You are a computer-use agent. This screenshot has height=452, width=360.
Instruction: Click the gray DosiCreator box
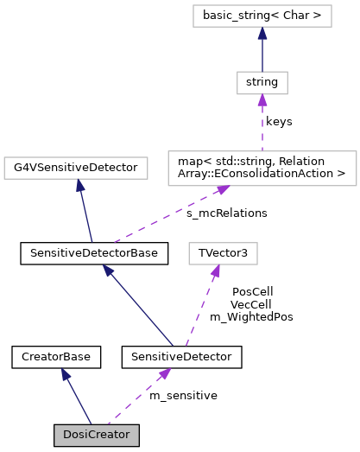coord(96,435)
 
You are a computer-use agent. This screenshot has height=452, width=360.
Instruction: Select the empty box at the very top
coord(262,16)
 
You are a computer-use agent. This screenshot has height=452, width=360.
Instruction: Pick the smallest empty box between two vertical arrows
coord(262,83)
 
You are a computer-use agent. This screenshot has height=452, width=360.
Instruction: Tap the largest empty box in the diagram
coord(262,168)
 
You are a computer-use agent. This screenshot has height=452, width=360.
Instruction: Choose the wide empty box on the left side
coord(76,168)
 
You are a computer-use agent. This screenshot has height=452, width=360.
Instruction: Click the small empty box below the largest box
coord(223,253)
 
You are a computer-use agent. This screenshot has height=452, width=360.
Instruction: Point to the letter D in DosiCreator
coord(66,435)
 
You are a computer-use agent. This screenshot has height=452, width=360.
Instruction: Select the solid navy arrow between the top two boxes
coord(262,49)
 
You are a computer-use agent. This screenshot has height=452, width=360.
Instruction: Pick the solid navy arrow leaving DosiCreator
coord(76,397)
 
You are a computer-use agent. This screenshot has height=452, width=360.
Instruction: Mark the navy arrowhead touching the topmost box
coord(262,33)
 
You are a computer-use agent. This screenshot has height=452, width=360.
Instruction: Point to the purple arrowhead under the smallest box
coord(262,100)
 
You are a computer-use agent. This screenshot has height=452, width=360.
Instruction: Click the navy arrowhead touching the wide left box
coord(79,185)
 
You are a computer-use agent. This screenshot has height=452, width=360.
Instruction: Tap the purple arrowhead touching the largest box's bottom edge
coord(223,189)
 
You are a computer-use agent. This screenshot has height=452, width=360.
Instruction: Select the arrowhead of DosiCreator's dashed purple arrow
coord(164,373)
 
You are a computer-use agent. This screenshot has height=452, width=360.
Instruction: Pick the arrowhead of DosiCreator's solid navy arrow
coord(65,374)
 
